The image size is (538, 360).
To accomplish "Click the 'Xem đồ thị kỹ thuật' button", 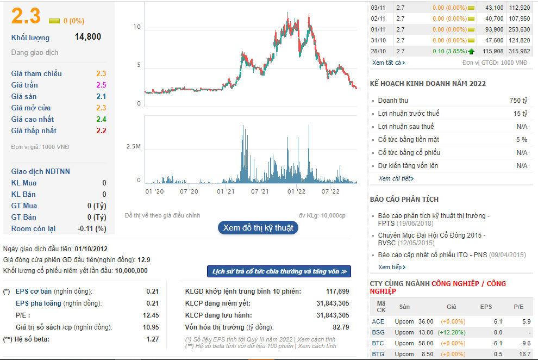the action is (x=258, y=228).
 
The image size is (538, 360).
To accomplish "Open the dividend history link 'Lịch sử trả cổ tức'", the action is (x=279, y=271).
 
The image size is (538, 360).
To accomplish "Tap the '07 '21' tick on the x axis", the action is (x=260, y=191).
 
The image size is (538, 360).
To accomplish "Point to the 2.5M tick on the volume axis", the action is (x=134, y=146).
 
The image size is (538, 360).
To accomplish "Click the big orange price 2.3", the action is (x=26, y=16).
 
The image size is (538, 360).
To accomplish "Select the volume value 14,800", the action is (x=88, y=37).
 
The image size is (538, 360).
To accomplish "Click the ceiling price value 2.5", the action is (x=101, y=85).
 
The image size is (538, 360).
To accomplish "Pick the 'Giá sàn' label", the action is (x=24, y=96).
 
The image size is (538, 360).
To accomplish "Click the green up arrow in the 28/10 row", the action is (x=471, y=52).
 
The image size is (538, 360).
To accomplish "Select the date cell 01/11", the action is (x=378, y=29).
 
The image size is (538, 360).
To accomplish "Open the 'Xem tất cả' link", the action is (x=389, y=63).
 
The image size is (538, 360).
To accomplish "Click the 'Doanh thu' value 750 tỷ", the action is (x=518, y=101).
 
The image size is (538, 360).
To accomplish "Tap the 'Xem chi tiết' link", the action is (x=396, y=178).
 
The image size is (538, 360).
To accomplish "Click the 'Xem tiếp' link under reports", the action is (x=391, y=267).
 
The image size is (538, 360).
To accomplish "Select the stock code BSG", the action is (x=378, y=332).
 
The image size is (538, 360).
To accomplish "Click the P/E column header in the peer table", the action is (x=518, y=307).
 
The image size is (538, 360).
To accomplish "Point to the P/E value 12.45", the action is (x=151, y=315).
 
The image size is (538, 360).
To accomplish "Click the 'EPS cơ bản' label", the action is (x=34, y=291).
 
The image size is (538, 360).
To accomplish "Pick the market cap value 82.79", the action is (x=341, y=327).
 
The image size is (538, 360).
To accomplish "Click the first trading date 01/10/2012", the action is (x=91, y=249).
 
